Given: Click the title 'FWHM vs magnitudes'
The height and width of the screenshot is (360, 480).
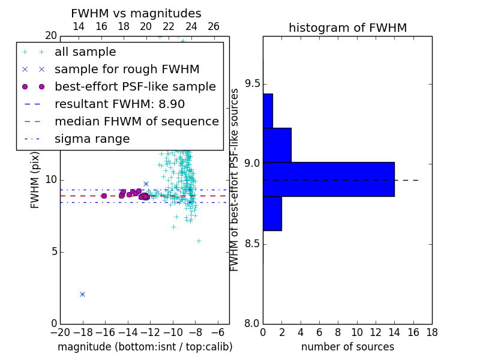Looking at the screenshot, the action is tap(136, 13).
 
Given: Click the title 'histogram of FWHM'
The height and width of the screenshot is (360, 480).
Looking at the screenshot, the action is tap(348, 28).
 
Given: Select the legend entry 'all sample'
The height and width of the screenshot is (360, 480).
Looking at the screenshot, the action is tap(85, 52).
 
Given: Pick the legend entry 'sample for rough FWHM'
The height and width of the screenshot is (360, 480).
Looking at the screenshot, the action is tap(127, 70).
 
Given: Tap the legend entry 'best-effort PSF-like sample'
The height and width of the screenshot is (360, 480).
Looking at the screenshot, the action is tap(135, 86).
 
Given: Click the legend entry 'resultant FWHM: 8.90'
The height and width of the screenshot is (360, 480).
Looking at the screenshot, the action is tap(119, 104).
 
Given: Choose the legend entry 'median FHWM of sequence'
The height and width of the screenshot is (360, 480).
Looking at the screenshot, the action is tap(137, 122).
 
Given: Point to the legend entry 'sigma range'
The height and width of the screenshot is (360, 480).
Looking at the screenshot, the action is tap(92, 139).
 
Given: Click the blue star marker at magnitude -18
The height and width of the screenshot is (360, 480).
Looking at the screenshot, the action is tap(82, 294).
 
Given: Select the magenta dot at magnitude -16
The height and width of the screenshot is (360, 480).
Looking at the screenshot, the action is tap(104, 196).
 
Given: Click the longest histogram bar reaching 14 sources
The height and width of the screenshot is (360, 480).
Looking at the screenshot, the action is tap(329, 179).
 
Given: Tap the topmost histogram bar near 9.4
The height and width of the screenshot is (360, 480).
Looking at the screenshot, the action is tap(268, 111).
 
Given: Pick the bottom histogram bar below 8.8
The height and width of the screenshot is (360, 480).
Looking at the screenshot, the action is tap(272, 214).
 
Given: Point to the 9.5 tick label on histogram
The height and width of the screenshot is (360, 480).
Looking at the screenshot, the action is tap(253, 84).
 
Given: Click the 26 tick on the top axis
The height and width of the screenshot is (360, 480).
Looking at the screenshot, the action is tap(214, 26).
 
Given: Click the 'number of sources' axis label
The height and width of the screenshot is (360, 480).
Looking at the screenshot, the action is tap(348, 347).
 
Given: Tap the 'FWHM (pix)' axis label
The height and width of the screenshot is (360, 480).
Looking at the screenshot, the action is tap(35, 181).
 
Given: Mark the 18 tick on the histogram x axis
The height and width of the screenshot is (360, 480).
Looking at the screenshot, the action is tap(432, 332).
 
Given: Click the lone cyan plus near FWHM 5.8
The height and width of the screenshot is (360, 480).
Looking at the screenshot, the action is tap(199, 241).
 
